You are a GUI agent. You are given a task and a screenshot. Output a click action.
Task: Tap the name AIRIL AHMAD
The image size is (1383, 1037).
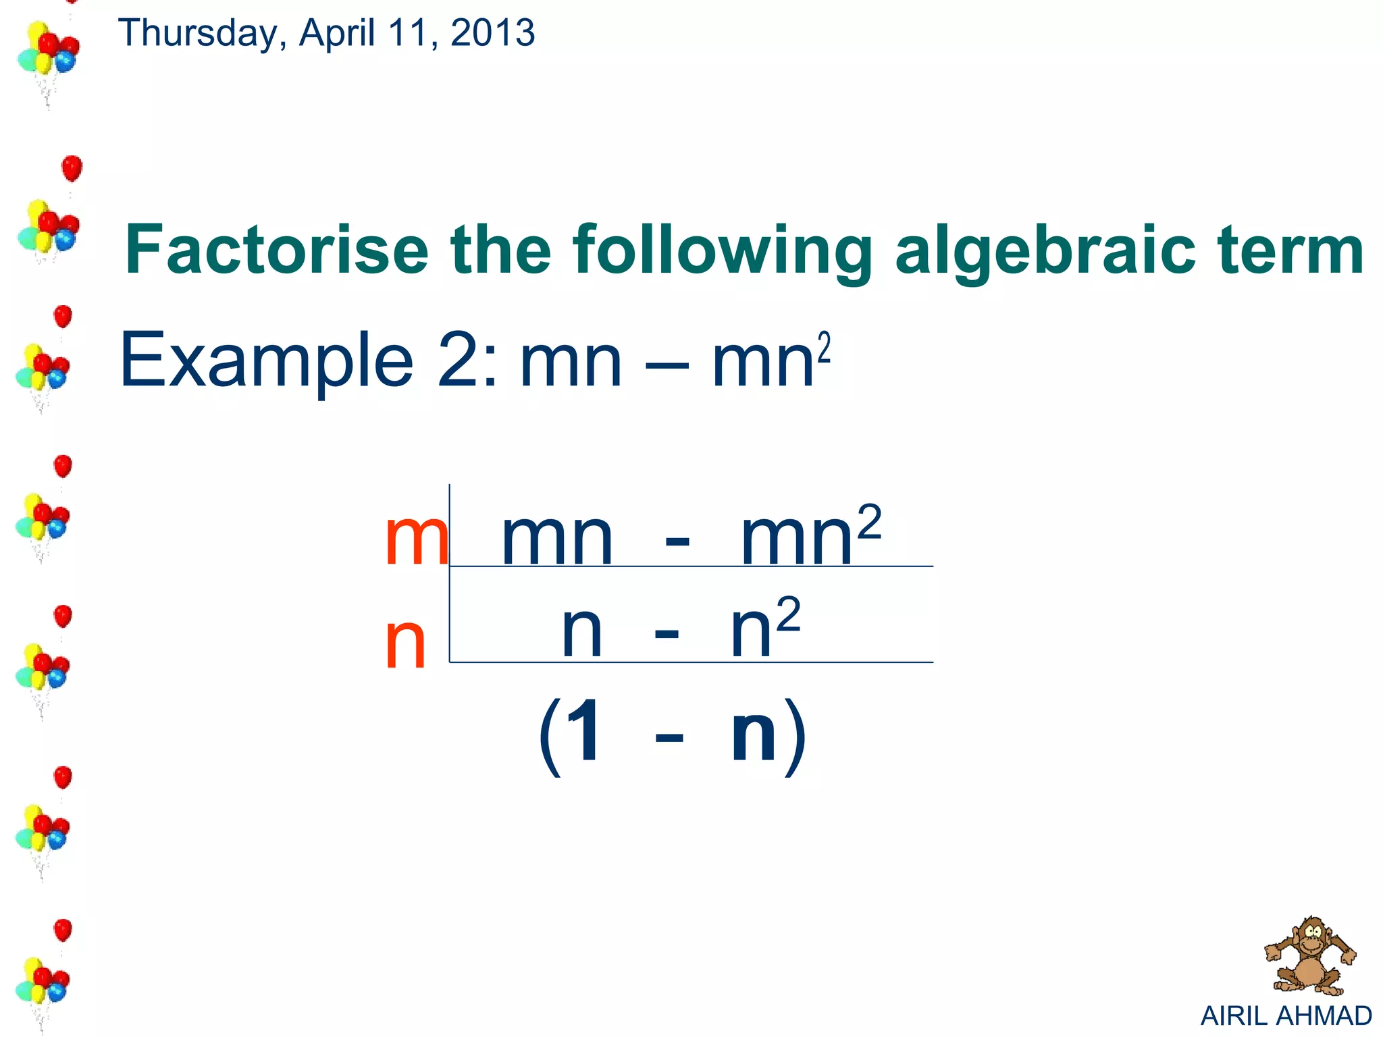1286,1015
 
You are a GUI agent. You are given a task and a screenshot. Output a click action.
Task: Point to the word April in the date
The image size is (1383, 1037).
337,34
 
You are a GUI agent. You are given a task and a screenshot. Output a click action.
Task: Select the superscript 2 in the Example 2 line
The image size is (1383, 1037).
824,348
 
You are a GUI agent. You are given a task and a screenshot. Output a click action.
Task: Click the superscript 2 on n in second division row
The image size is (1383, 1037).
788,614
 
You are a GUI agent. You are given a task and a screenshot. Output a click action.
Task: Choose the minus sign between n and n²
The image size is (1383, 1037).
667,635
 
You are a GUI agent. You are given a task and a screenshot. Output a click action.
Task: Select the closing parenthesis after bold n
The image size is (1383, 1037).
796,736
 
